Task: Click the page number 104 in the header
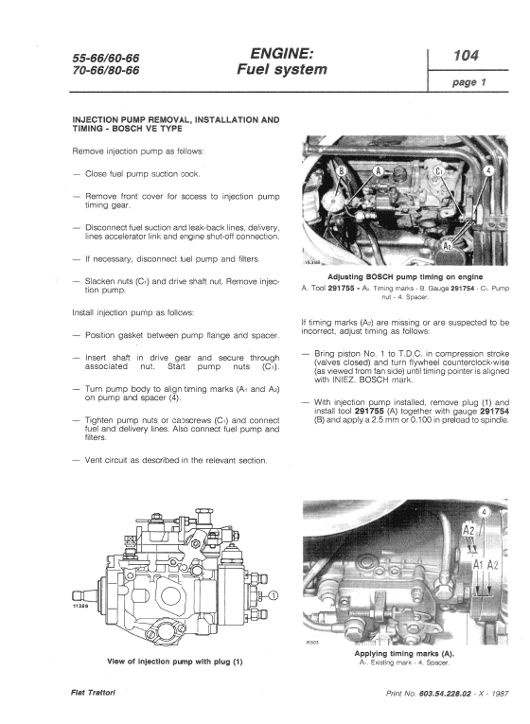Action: click(466, 56)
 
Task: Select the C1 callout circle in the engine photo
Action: click(438, 172)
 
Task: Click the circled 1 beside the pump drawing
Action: click(274, 595)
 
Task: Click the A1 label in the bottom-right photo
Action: click(480, 563)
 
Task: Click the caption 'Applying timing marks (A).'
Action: click(404, 653)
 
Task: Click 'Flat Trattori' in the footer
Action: click(92, 694)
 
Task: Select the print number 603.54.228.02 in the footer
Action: click(448, 694)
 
